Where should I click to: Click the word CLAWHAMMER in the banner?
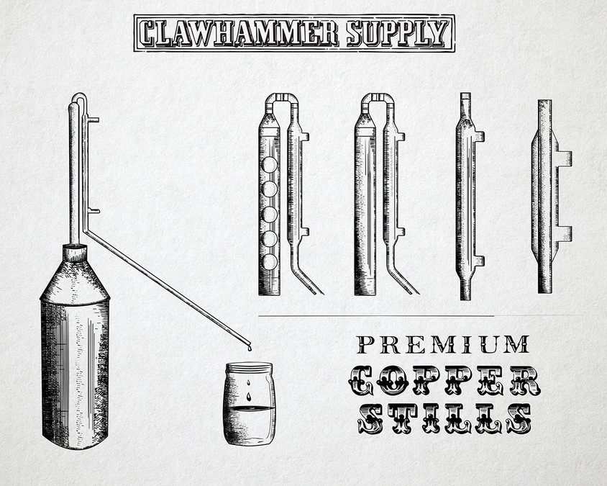[239, 33]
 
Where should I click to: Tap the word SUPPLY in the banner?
[398, 33]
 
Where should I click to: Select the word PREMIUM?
[443, 345]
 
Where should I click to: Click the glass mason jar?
[250, 403]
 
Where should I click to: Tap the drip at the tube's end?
[250, 348]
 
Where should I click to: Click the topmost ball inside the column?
[269, 165]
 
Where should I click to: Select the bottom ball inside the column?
[269, 262]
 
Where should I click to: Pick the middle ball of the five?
[269, 215]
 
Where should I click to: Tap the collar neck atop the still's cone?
[75, 253]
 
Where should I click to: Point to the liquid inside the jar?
[250, 424]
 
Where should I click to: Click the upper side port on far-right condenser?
[565, 158]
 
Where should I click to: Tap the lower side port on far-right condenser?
[565, 234]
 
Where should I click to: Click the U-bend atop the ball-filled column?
[282, 101]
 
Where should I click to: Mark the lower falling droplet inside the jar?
[249, 397]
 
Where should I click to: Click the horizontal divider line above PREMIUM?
[376, 316]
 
